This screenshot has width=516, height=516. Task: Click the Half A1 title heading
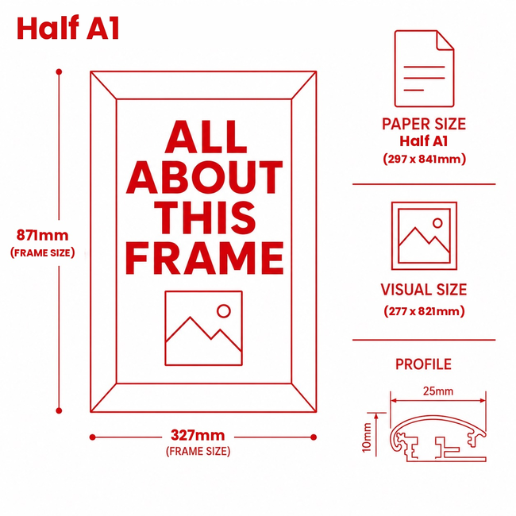click(67, 28)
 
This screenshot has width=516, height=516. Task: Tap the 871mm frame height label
click(42, 235)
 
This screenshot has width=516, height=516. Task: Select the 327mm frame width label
click(198, 435)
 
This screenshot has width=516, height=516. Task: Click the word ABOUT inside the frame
click(204, 177)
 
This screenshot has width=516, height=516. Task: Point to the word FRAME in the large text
click(204, 258)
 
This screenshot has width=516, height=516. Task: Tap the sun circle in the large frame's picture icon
click(224, 311)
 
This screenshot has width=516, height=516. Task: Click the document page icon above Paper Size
click(424, 68)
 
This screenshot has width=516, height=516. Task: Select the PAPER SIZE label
click(424, 124)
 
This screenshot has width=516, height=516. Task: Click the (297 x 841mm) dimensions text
click(425, 160)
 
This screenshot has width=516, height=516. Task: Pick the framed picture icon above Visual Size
click(424, 236)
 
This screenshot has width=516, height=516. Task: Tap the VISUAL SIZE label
click(424, 290)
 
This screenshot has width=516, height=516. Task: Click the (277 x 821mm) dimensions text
click(424, 311)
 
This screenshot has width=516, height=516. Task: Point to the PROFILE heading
click(424, 364)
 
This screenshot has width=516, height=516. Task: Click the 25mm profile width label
click(438, 391)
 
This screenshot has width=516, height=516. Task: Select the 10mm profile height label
click(367, 438)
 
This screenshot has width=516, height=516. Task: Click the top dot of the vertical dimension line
click(59, 71)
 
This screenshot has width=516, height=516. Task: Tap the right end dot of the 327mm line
click(314, 437)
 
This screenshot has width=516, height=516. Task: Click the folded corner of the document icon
click(445, 40)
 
